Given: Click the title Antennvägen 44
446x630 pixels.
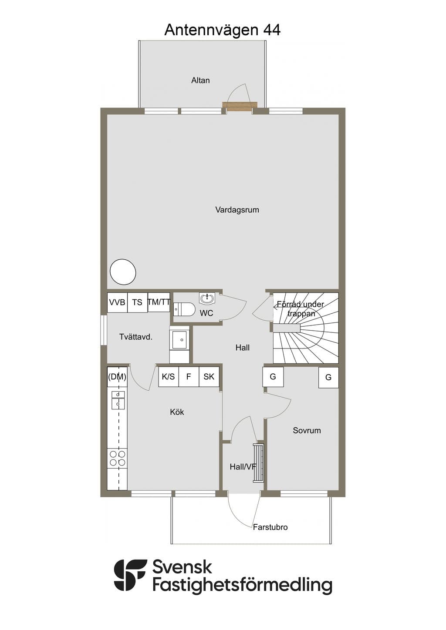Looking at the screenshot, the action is (223, 30).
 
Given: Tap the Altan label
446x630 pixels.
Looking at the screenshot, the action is (200, 80).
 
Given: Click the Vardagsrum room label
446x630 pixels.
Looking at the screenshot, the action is (237, 210).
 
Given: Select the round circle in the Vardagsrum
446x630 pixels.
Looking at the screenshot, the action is (123, 272).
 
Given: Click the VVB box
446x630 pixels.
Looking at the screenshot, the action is (117, 302).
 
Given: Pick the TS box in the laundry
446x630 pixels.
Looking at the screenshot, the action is (137, 302).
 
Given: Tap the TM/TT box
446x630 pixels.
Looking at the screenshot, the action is (159, 302).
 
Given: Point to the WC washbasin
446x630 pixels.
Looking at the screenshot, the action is (207, 298).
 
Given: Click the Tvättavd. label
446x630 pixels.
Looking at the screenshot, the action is (136, 337).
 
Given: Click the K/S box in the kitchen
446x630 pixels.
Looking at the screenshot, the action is (169, 377).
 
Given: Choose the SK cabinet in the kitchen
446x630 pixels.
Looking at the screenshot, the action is (209, 377).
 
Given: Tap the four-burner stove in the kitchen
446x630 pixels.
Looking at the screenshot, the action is (118, 459).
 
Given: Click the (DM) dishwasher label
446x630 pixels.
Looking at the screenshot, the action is (117, 377).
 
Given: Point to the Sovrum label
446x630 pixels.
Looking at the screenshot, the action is (307, 431).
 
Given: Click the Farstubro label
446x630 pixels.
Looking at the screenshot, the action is (270, 527).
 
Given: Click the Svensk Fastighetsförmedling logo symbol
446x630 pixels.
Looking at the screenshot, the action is (130, 575).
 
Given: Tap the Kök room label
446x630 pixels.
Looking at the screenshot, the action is (177, 412).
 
